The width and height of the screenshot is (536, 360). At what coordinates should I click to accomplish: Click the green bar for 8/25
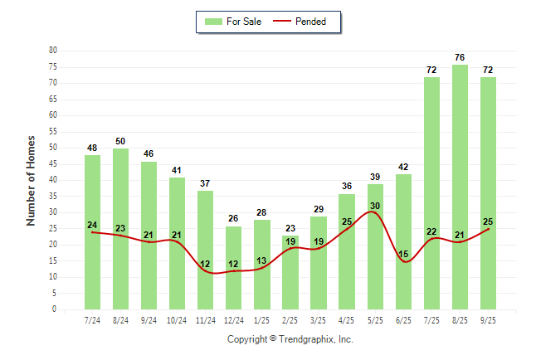click(x=460, y=187)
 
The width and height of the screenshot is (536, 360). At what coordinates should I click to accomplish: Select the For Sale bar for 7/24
click(x=92, y=232)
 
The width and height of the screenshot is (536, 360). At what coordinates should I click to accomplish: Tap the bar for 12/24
click(x=234, y=268)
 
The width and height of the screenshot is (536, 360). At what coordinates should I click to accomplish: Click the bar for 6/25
click(x=403, y=241)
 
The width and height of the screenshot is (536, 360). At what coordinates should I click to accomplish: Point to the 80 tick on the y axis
click(x=52, y=51)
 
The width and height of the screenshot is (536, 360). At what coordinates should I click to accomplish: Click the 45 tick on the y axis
click(x=52, y=164)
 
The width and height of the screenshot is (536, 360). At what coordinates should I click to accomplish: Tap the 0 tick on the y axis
click(x=54, y=309)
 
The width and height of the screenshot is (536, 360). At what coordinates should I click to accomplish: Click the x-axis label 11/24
click(x=206, y=319)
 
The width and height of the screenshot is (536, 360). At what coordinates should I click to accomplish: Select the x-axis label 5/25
click(x=375, y=319)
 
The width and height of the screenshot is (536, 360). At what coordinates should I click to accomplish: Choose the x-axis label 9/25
click(x=488, y=319)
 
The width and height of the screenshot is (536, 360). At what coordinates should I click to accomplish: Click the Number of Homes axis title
click(x=32, y=180)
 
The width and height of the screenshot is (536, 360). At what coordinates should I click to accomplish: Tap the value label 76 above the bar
click(x=460, y=58)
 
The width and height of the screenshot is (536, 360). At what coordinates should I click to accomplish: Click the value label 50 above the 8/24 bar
click(x=120, y=142)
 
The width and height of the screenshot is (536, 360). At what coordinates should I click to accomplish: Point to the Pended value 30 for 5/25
click(x=375, y=206)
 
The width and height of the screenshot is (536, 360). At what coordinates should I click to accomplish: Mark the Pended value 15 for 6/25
click(x=403, y=254)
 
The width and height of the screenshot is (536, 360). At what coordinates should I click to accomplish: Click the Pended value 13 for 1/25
click(x=262, y=260)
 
